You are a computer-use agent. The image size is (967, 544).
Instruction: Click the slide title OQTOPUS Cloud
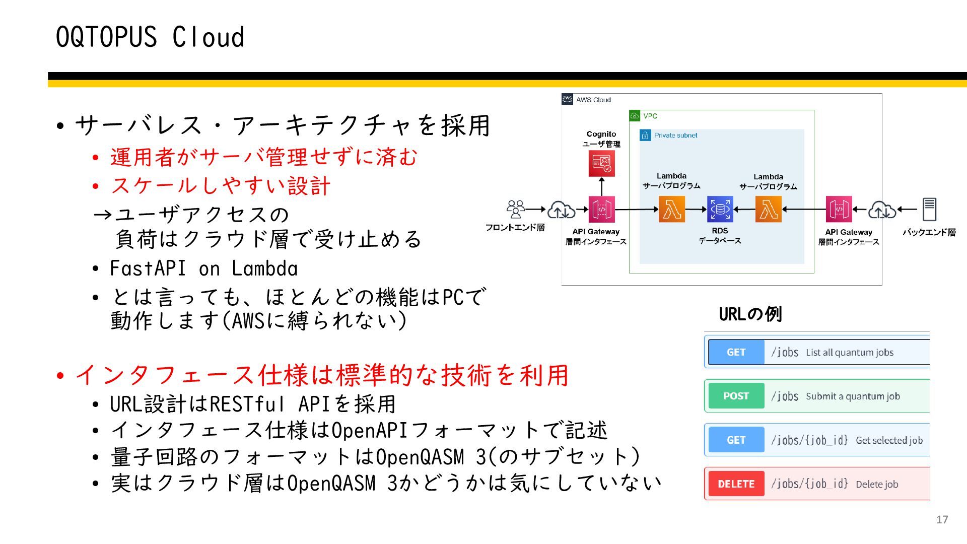click(150, 37)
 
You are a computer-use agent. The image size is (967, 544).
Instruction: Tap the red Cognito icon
click(601, 164)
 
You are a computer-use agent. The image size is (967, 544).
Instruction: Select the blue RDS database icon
click(720, 209)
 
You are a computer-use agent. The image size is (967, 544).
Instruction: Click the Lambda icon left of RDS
click(672, 209)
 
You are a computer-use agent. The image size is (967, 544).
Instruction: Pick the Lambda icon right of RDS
click(769, 209)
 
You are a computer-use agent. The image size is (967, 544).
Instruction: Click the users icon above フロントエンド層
click(515, 209)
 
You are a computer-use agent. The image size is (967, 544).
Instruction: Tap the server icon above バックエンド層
click(929, 209)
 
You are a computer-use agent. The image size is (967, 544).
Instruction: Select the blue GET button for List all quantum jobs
click(736, 352)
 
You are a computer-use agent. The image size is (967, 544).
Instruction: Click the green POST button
click(736, 396)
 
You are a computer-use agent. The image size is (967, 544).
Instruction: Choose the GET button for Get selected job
click(736, 440)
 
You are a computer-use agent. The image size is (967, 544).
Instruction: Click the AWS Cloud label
click(593, 100)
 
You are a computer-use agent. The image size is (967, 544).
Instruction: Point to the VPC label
click(650, 116)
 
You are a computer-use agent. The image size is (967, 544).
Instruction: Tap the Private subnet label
click(675, 135)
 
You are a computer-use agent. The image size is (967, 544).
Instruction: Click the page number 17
click(942, 519)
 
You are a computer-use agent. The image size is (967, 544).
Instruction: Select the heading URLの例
click(750, 314)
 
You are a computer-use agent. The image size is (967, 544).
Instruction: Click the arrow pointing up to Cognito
click(601, 186)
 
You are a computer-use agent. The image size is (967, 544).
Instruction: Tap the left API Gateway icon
click(601, 209)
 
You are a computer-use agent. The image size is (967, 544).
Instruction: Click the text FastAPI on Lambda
click(203, 268)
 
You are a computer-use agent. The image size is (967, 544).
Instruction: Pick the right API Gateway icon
click(839, 209)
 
